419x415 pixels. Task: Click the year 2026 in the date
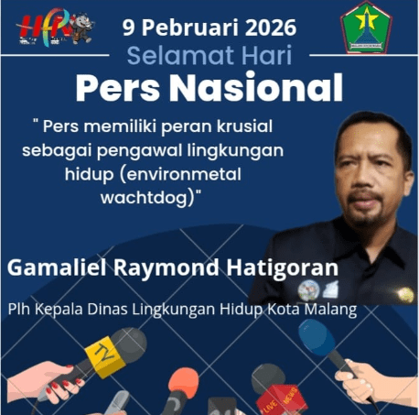(274, 25)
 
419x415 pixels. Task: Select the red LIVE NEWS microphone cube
(272, 395)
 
